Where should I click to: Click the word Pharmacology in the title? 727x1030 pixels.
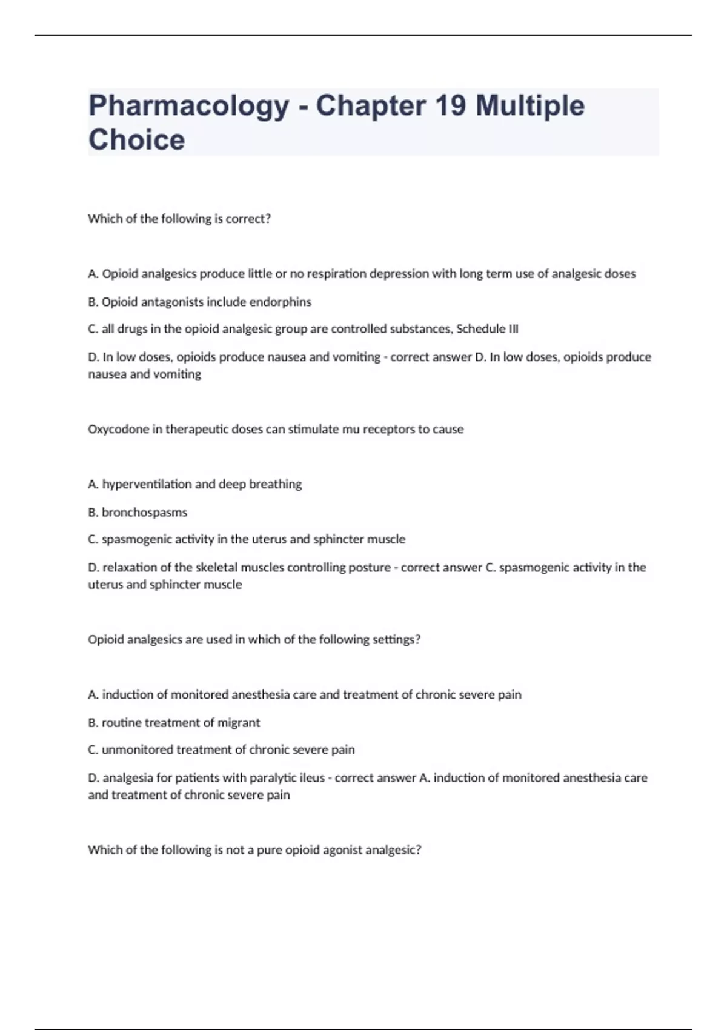[188, 107]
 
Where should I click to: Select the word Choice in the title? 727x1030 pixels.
[137, 140]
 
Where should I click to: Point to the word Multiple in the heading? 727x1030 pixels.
[530, 107]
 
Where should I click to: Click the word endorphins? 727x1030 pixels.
[281, 302]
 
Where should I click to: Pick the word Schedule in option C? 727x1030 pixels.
[480, 329]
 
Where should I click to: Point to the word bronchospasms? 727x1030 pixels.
[144, 513]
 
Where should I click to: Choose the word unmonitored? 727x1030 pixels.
[138, 750]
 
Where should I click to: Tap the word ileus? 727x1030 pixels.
[312, 778]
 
